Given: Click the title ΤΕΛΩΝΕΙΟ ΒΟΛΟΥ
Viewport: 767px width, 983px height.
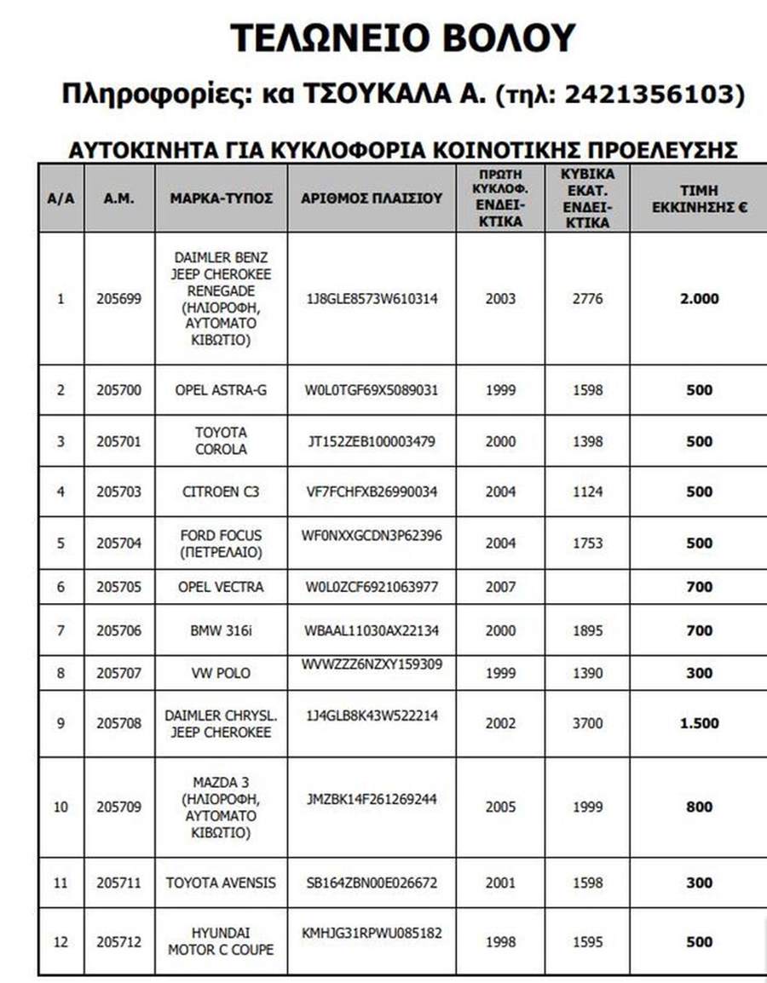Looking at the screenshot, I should coord(403,39).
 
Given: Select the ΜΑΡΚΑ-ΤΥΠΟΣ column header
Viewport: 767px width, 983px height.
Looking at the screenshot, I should coord(221,198).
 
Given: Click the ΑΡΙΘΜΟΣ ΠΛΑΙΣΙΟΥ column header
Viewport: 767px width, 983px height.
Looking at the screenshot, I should coord(372,198).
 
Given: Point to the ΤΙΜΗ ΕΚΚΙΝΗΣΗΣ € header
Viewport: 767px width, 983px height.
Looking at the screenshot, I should coord(699,198).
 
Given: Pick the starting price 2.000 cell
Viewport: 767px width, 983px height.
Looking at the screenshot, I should coord(699,299).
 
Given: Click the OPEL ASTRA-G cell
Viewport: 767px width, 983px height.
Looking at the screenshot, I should coord(221,390).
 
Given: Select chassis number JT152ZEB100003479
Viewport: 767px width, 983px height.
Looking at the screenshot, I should coord(372,441).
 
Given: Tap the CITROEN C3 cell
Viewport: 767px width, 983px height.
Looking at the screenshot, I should coord(221,491).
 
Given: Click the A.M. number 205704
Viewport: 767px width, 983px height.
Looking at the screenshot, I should coord(118,543).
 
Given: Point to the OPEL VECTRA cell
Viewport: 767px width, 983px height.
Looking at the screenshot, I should coord(221,587).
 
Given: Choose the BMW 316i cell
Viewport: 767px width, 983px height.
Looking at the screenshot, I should coord(221,631).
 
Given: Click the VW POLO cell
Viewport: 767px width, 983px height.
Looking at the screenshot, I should coord(221,673).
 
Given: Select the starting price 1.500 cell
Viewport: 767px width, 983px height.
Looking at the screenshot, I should coord(699,723).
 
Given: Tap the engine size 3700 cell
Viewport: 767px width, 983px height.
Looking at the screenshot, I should coord(587,723).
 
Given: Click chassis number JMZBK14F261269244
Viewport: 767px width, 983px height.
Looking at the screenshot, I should coord(372,800).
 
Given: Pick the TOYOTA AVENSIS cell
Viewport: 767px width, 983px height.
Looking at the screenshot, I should coord(221,882).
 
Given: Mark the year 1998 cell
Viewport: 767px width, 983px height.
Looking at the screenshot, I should coord(500,942).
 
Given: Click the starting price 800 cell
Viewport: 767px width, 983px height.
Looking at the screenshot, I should coord(699,807).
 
